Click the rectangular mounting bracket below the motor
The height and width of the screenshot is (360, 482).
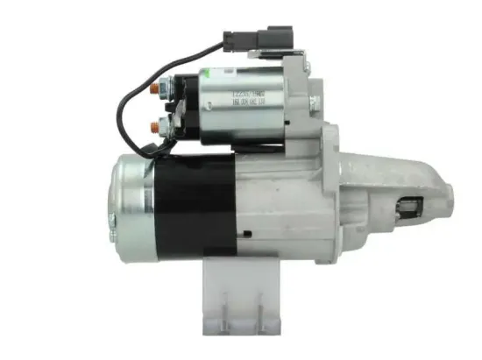click(x=236, y=290)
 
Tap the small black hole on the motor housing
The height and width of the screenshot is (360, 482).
click(x=249, y=233)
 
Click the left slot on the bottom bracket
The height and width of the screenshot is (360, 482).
click(x=223, y=307)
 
